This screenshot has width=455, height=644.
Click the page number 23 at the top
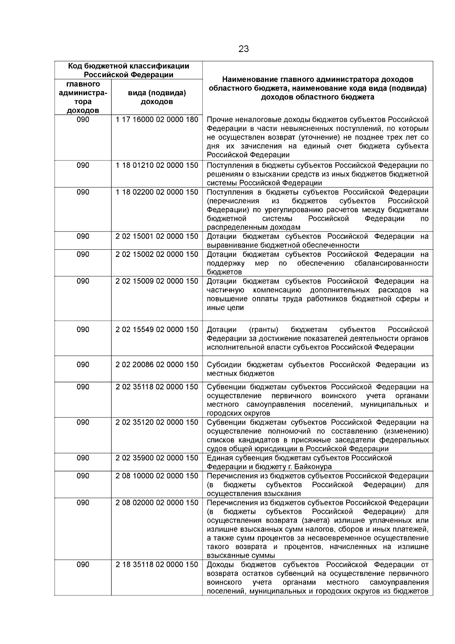pyautogui.click(x=243, y=49)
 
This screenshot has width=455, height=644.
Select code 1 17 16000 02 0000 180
pyautogui.click(x=157, y=120)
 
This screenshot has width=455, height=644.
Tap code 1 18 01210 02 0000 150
pyautogui.click(x=157, y=165)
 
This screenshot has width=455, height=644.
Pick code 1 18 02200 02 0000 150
pyautogui.click(x=157, y=192)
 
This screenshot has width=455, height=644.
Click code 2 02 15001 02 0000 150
pyautogui.click(x=157, y=236)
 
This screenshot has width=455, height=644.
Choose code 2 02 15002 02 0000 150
pyautogui.click(x=157, y=254)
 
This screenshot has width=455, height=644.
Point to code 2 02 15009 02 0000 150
pyautogui.click(x=157, y=281)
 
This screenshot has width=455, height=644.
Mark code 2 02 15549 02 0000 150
pyautogui.click(x=157, y=329)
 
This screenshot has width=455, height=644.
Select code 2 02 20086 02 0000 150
pyautogui.click(x=157, y=364)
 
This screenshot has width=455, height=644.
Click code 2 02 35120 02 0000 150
pyautogui.click(x=157, y=422)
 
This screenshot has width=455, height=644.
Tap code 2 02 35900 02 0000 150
pyautogui.click(x=157, y=458)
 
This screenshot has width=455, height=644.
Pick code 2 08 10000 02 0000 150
pyautogui.click(x=157, y=476)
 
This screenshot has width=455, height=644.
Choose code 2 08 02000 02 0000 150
pyautogui.click(x=157, y=502)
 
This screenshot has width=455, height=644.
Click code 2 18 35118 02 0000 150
pyautogui.click(x=157, y=564)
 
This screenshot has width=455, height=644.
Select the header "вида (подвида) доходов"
pyautogui.click(x=157, y=97)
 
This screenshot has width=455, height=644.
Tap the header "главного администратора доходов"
pyautogui.click(x=83, y=97)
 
